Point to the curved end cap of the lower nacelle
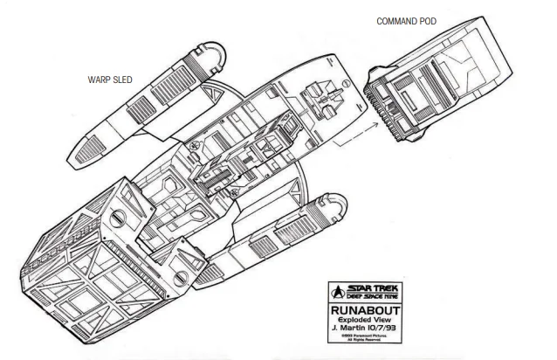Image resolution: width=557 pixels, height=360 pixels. [338, 207]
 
